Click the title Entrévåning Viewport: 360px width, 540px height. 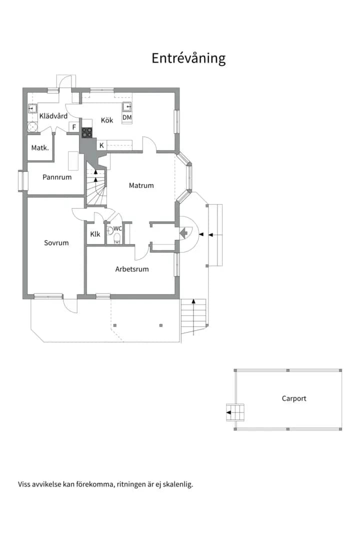(x=188, y=58)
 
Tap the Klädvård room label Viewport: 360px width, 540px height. (x=53, y=116)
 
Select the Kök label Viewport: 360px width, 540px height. (x=107, y=120)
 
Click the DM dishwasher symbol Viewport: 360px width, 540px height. (x=127, y=117)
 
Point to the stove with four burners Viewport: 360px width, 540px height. (x=87, y=132)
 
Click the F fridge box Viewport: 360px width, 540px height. (x=73, y=127)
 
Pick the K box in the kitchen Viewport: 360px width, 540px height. (x=101, y=145)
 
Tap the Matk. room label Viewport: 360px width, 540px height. (x=40, y=147)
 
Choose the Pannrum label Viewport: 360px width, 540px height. (x=57, y=177)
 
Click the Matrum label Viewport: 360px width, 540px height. (x=141, y=185)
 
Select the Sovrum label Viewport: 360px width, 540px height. (x=56, y=243)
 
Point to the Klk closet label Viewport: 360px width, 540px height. (x=95, y=234)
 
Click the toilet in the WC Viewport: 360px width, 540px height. (x=117, y=238)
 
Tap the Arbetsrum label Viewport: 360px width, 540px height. (x=132, y=269)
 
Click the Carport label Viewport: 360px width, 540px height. (x=294, y=398)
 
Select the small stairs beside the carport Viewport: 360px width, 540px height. (x=235, y=412)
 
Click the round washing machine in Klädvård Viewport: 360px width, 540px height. (x=32, y=127)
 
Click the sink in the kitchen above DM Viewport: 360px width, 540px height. (x=127, y=107)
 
